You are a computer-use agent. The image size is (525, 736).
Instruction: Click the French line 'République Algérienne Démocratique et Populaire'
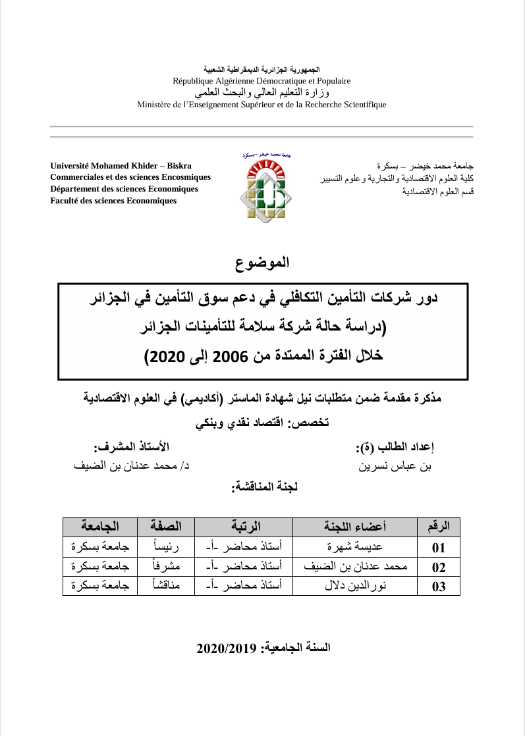click(262, 81)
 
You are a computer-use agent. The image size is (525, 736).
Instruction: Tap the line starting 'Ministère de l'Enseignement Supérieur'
click(262, 104)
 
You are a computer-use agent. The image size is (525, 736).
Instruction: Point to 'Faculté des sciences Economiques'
click(113, 201)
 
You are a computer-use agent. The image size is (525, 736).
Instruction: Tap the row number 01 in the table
click(438, 547)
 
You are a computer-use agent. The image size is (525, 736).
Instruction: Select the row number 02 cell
click(438, 567)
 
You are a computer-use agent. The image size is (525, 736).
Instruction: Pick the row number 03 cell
click(438, 587)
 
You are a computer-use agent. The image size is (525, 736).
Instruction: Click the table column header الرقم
click(438, 527)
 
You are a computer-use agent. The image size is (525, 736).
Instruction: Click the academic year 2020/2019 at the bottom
click(263, 648)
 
